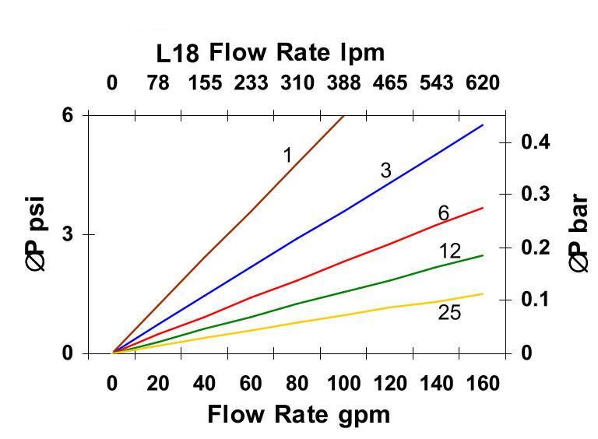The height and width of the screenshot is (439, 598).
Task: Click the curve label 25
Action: click(449, 313)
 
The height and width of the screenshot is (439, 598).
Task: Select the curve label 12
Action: click(449, 251)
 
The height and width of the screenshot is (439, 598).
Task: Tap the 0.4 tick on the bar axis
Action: click(536, 142)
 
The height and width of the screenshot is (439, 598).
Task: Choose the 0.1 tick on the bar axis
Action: click(536, 300)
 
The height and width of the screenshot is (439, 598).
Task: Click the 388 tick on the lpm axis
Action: click(343, 83)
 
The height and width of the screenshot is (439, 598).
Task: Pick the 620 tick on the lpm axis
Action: click(483, 83)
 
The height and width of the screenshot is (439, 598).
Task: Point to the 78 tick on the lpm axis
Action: click(158, 83)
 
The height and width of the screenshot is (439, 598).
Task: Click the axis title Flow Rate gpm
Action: click(298, 414)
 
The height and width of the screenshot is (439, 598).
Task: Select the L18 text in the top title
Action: click(178, 54)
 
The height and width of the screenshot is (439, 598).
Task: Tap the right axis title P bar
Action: click(579, 234)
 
